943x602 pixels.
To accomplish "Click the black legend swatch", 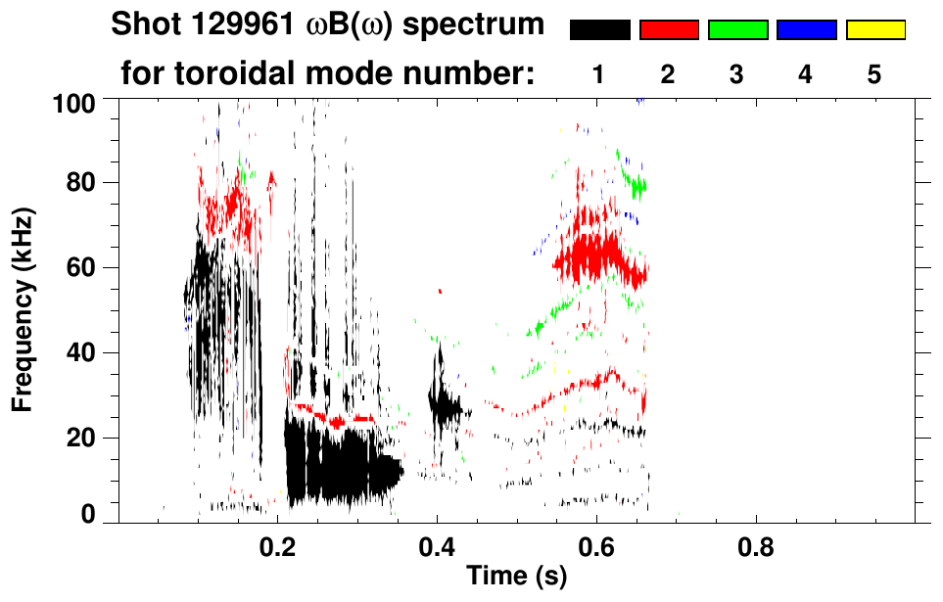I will (x=599, y=30).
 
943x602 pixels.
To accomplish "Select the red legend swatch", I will (x=668, y=30).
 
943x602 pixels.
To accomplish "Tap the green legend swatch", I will (x=736, y=30).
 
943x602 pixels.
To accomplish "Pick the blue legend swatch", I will (x=806, y=30).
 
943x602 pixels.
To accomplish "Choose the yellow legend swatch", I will (x=874, y=30).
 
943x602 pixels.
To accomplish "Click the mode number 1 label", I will (x=599, y=75).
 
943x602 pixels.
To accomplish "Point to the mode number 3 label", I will (x=736, y=75).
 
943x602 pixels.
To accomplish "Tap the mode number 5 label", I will (x=874, y=75).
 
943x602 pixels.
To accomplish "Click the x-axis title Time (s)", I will (x=516, y=577).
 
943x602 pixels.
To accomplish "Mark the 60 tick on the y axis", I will (x=82, y=268).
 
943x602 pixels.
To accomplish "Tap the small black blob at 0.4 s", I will (x=445, y=403).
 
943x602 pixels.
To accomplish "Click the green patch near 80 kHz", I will (x=638, y=183).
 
